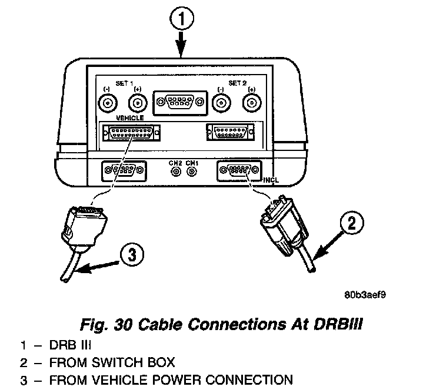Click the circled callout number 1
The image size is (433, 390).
(183, 20)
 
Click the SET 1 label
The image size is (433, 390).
(123, 83)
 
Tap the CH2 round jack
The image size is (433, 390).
(175, 172)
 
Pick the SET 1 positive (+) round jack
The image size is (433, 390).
(138, 103)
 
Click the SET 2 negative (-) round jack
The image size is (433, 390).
(221, 103)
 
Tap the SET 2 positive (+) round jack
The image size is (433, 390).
(252, 103)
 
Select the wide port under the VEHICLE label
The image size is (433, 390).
(131, 134)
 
